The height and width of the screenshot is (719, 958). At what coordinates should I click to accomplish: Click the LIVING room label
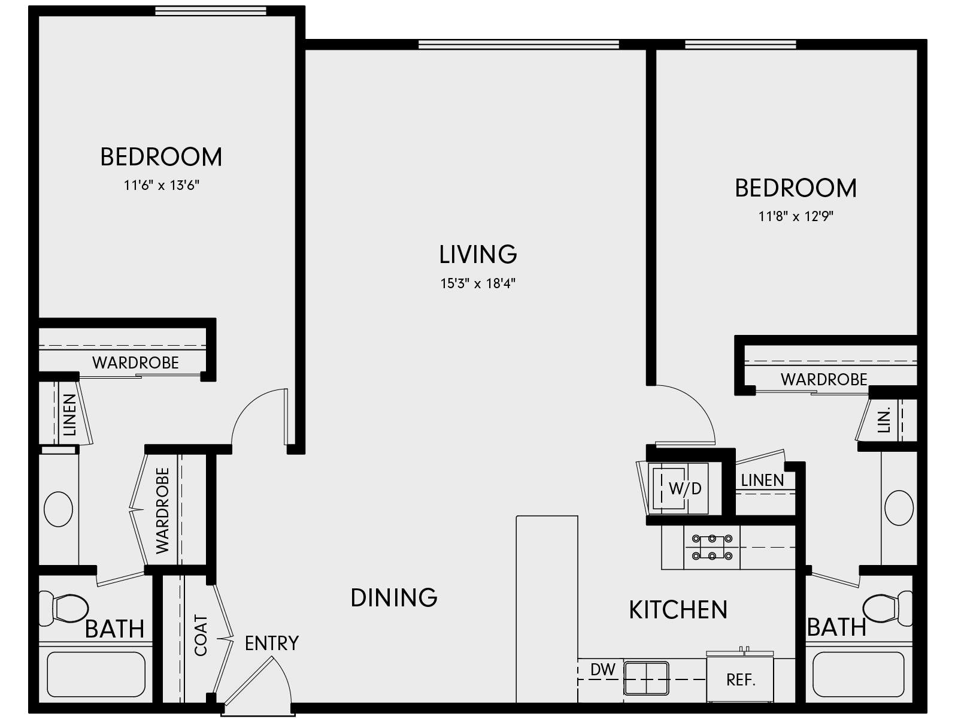click(478, 254)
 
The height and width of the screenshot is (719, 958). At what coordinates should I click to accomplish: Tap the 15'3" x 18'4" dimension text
click(478, 283)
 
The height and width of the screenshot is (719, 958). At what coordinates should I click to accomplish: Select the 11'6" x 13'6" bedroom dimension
click(161, 185)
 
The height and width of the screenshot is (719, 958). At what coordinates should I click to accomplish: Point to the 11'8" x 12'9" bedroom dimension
click(796, 216)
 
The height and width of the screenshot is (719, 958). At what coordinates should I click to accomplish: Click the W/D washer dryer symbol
click(680, 488)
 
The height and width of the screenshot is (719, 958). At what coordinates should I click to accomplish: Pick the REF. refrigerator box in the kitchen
click(741, 680)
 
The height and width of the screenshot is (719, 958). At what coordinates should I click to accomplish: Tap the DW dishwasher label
click(602, 670)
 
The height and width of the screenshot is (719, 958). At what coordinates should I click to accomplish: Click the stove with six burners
click(712, 547)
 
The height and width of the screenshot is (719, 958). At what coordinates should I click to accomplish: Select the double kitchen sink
click(646, 678)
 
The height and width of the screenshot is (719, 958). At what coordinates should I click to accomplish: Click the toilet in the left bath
click(63, 608)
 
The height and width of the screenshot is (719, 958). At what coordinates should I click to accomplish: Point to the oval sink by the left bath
click(59, 509)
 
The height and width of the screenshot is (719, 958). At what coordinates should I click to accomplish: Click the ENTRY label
click(271, 643)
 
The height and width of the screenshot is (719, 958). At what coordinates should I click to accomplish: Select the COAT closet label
click(201, 635)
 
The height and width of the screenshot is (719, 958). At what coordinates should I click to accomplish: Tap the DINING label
click(394, 597)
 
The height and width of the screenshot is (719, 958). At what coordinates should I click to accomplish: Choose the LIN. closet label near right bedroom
click(884, 420)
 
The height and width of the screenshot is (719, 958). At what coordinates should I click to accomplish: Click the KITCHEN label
click(678, 609)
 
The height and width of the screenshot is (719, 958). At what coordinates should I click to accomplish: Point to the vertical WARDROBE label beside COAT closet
click(162, 510)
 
